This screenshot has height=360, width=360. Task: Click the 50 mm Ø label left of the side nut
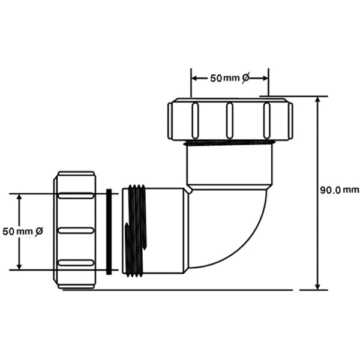23,231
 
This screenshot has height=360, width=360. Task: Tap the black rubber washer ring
109,232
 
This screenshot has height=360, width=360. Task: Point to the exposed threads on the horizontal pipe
136,231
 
